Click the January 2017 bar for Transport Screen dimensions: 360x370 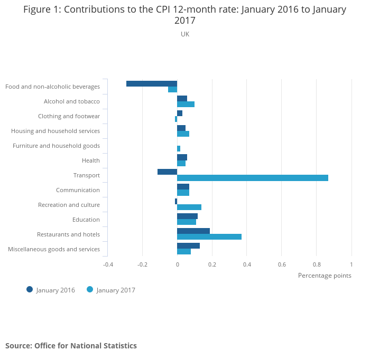click(x=253, y=178)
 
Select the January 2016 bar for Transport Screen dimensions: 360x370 click(x=168, y=172)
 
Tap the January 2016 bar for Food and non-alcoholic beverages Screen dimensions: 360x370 click(x=152, y=83)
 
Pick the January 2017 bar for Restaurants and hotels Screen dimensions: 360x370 click(x=209, y=236)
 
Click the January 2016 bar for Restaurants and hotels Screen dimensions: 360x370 click(x=193, y=231)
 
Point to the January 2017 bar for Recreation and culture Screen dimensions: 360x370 click(x=189, y=207)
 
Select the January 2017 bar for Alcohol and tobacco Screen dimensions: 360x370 click(x=186, y=104)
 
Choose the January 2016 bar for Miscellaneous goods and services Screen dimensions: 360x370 click(x=188, y=245)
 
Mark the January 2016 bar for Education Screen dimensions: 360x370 click(x=187, y=216)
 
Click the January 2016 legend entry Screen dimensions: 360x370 click(x=51, y=290)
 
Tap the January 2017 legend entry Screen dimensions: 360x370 click(x=111, y=290)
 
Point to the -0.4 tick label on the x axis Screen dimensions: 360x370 click(x=108, y=264)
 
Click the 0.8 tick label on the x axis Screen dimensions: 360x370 click(x=316, y=264)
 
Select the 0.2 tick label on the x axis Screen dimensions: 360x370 click(x=212, y=264)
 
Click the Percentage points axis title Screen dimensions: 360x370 click(x=324, y=275)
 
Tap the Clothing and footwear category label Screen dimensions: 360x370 click(x=69, y=116)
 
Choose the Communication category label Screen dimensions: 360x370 click(x=78, y=190)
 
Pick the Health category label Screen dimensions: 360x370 click(x=90, y=160)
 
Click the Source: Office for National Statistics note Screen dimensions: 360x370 click(x=71, y=346)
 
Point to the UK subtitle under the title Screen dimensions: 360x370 click(x=185, y=34)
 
